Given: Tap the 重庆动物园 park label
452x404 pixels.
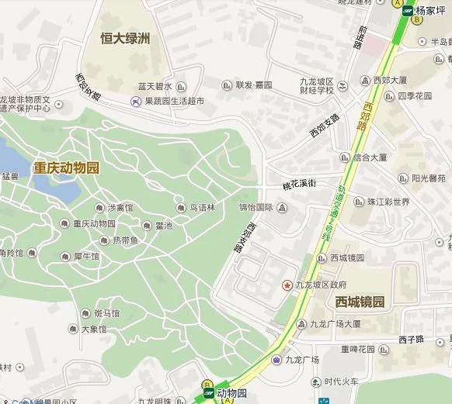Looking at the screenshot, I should click(x=67, y=167).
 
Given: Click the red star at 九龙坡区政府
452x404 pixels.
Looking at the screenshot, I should click(x=287, y=285).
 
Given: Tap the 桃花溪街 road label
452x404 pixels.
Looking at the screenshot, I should click(x=300, y=185).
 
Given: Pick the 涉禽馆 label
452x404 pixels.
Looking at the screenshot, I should click(x=120, y=208).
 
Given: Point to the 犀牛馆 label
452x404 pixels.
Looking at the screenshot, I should click(x=86, y=257).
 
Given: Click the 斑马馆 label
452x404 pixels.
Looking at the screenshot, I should click(x=106, y=314).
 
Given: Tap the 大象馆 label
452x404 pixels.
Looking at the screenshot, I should click(x=93, y=329).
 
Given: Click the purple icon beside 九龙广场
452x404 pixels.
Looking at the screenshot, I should click(x=276, y=359).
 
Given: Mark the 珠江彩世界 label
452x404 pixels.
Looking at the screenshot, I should click(x=388, y=202).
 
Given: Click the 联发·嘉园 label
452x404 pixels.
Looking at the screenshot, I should click(x=253, y=85).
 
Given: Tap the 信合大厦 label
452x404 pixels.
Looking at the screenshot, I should click(x=370, y=157).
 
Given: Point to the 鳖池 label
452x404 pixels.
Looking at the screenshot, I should click(x=164, y=226).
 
